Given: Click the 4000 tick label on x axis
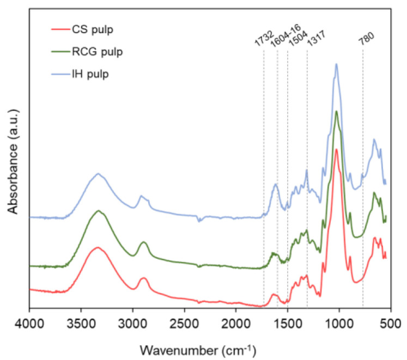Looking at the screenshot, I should tap(29, 324).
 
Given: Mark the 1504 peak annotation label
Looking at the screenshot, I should tap(293, 39).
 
